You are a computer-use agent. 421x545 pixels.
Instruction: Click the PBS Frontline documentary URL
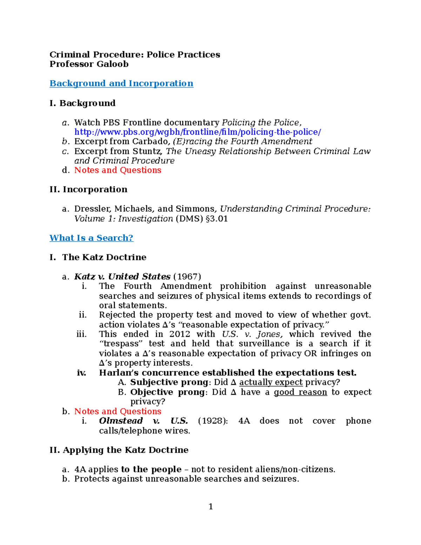tap(198, 132)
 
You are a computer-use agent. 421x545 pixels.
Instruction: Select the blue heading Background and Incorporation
tap(121, 84)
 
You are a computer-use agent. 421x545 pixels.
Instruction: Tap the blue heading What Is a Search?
tap(91, 238)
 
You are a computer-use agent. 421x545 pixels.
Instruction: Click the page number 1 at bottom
tap(210, 506)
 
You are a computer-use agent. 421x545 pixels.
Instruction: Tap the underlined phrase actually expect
tap(270, 382)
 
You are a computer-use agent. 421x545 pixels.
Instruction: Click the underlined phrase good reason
tap(300, 392)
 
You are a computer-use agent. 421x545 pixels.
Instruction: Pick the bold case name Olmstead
tap(121, 421)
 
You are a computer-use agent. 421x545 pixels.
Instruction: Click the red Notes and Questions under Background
tap(118, 170)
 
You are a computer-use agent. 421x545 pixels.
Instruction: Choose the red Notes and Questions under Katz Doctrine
tap(118, 411)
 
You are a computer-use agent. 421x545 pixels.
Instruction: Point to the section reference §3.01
tap(217, 219)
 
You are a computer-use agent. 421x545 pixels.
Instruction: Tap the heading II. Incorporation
tap(88, 190)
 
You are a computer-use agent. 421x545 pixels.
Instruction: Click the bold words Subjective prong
tap(169, 382)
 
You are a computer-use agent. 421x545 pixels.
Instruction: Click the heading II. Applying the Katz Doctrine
tap(119, 450)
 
